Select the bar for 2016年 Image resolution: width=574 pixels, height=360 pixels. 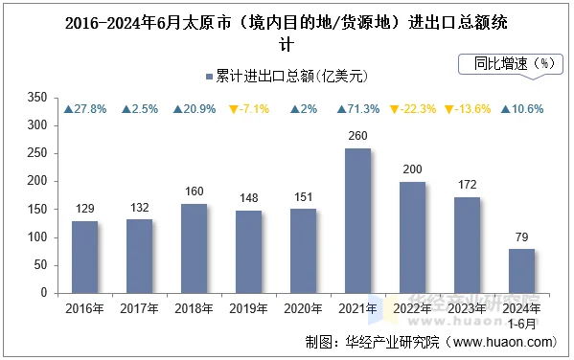coord(84,257)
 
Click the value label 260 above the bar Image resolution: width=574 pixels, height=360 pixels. coord(357,136)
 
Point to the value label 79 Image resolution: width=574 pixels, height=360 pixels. coord(521,237)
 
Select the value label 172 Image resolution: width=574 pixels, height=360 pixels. coord(467,185)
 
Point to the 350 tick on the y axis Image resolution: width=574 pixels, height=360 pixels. coord(37,98)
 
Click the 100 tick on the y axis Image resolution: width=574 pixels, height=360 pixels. coord(37,237)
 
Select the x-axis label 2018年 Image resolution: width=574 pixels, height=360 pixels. coord(194,308)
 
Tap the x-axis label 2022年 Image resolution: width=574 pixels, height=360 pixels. coord(412,308)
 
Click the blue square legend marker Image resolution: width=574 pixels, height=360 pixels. coord(208,75)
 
